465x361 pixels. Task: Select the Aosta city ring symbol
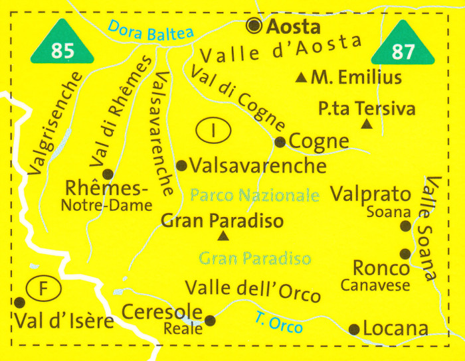[x=254, y=26]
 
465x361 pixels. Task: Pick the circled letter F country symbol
[x=43, y=289]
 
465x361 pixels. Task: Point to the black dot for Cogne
[x=280, y=141]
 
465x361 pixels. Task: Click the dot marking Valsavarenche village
[x=181, y=165]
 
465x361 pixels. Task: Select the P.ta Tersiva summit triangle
[x=367, y=124]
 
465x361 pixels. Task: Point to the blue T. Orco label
[x=278, y=323]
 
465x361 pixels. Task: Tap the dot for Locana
[x=354, y=328]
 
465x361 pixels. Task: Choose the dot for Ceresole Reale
[x=211, y=321]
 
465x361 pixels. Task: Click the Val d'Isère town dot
[x=19, y=302]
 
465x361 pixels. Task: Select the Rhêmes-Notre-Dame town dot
[x=108, y=175]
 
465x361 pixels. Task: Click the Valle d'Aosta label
[x=282, y=50]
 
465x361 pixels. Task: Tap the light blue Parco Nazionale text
[x=255, y=196]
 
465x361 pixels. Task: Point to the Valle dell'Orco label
[x=252, y=290]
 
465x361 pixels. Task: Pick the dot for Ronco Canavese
[x=404, y=253]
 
